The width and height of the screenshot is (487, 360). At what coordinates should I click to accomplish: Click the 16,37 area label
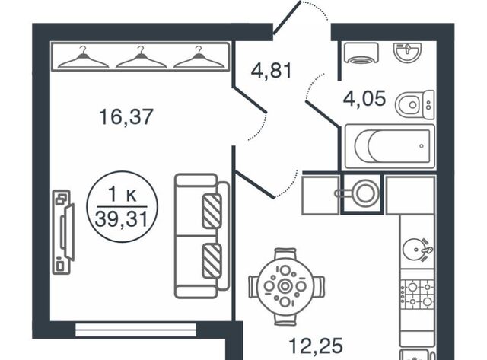click(126, 116)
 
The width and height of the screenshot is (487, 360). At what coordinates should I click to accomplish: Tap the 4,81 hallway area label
click(271, 71)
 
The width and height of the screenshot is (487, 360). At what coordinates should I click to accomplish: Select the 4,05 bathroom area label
click(364, 98)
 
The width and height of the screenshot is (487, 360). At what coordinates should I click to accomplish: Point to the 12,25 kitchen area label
click(316, 346)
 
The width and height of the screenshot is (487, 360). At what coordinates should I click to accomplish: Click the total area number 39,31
click(122, 219)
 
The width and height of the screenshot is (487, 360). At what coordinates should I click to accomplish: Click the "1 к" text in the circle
click(122, 196)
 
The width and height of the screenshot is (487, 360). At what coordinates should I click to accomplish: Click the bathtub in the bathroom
click(390, 146)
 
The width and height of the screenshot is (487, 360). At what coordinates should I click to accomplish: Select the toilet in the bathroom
click(415, 105)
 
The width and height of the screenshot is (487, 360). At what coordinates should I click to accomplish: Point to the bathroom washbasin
click(407, 51)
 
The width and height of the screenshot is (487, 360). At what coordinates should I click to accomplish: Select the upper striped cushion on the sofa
click(212, 211)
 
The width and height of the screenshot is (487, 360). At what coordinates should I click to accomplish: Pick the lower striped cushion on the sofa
click(212, 261)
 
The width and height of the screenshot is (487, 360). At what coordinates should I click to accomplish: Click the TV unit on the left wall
click(63, 232)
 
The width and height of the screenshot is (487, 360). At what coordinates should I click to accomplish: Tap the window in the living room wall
click(135, 330)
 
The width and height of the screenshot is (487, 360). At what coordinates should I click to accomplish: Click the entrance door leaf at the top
click(288, 17)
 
